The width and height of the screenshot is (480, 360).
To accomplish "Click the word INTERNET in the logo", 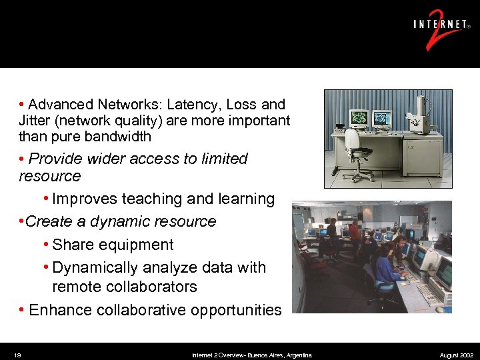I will tap(439, 25).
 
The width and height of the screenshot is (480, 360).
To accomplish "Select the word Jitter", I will tap(37, 121).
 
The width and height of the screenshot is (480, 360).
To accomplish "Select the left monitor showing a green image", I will tap(359, 118).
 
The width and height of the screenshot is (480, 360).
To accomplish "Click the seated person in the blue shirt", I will tap(385, 267).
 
